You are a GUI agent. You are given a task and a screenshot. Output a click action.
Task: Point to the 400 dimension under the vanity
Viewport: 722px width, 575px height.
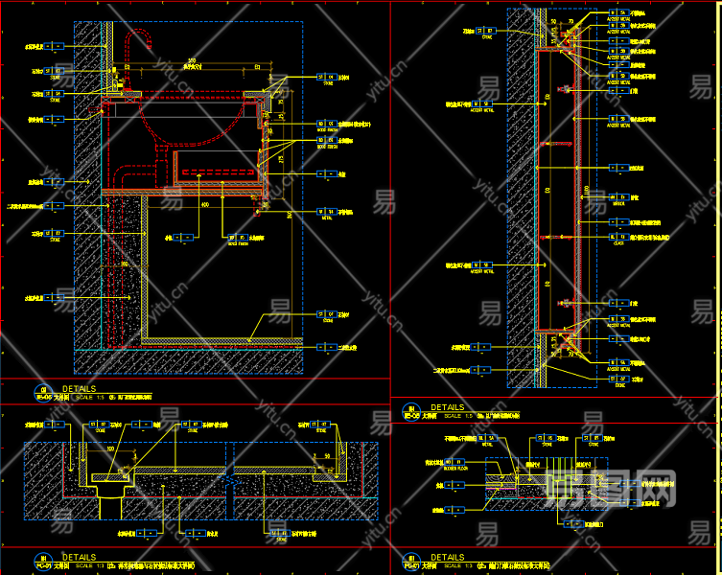pos(203,205)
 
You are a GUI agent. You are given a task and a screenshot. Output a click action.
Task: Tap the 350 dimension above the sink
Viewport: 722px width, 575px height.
pos(192,61)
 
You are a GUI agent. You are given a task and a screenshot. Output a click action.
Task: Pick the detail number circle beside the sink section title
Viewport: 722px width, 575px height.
pos(42,390)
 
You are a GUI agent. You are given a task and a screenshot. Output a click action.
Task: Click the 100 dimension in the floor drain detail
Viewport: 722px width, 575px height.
pos(111,448)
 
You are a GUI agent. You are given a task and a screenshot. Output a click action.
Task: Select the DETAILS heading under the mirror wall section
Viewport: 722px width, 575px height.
pos(447,407)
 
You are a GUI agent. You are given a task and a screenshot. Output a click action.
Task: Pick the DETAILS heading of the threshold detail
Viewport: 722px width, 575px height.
pos(447,557)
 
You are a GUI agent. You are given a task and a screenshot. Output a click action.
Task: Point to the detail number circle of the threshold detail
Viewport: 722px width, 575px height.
pos(410,558)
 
